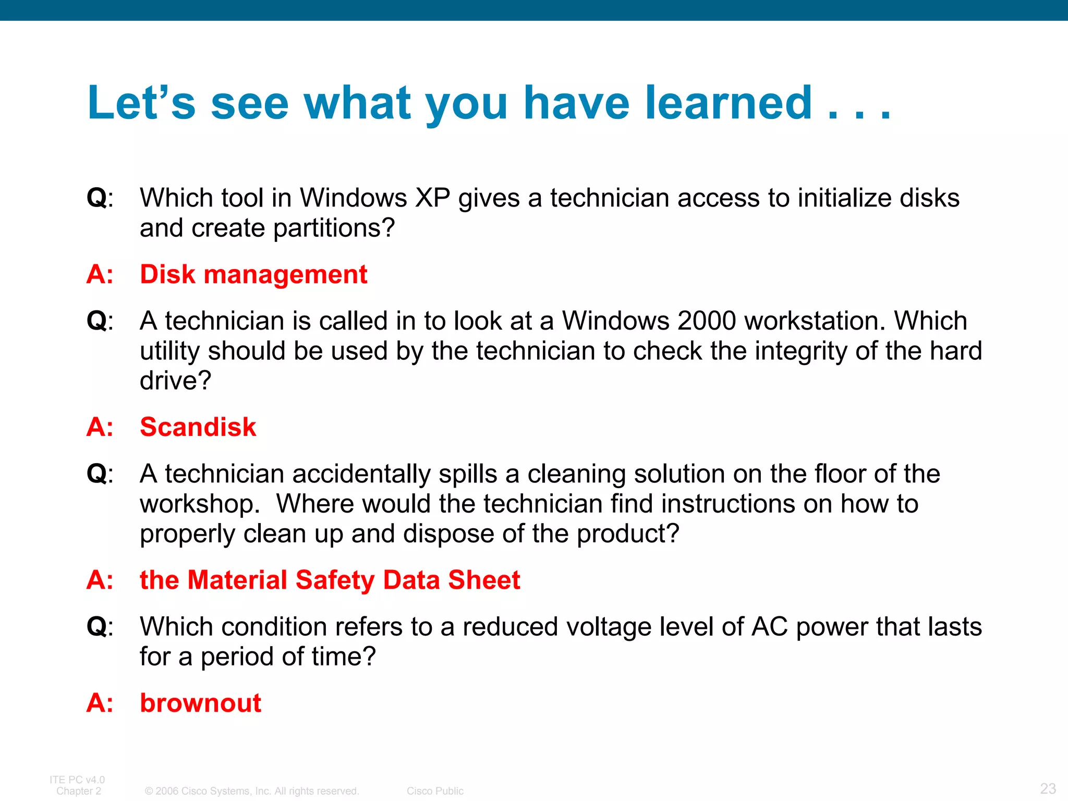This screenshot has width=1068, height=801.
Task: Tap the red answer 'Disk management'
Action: tap(253, 274)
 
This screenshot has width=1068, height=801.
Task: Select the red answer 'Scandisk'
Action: tap(198, 427)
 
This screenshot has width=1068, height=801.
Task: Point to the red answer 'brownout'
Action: tap(200, 703)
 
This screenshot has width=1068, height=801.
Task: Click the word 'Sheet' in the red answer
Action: tap(484, 580)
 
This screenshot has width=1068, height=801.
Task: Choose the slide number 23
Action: tap(1048, 788)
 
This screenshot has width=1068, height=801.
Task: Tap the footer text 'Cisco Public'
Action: tap(435, 791)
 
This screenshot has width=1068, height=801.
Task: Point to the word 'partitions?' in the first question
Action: tap(334, 228)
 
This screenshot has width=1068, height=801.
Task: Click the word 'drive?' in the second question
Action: tap(175, 381)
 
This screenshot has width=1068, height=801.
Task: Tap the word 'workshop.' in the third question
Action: tap(200, 504)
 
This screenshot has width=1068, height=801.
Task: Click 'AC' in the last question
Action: tap(769, 627)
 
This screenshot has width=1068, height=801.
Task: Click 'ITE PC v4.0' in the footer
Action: tap(77, 780)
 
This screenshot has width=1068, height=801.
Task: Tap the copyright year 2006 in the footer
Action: tap(167, 791)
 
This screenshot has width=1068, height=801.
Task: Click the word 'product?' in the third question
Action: tap(628, 534)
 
